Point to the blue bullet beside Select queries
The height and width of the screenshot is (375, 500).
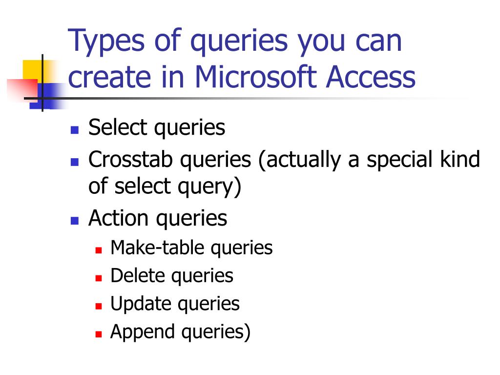click(74, 130)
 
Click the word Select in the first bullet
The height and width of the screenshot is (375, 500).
click(117, 128)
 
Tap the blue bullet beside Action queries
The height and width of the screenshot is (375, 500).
click(74, 220)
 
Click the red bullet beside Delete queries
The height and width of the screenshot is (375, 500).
click(98, 278)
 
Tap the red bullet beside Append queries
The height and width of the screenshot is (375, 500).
click(98, 334)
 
